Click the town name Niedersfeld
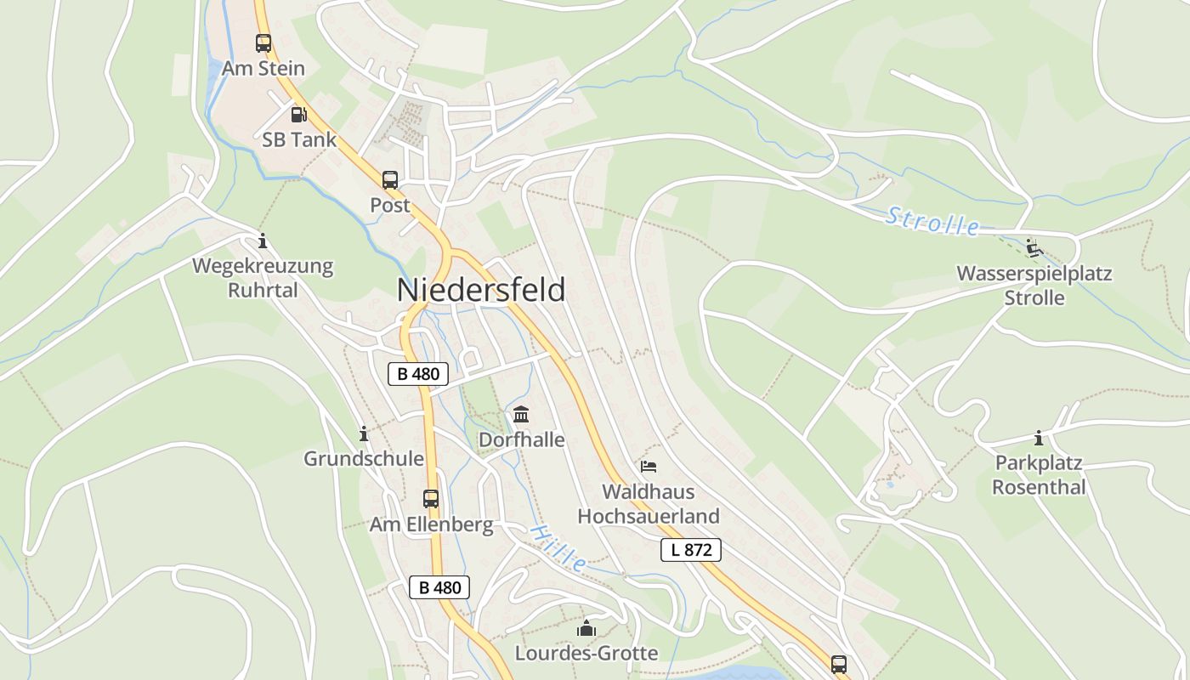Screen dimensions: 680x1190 (481, 290)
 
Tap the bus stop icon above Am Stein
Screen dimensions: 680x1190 (263, 42)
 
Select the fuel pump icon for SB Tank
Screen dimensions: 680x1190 (298, 114)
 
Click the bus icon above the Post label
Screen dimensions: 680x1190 (390, 179)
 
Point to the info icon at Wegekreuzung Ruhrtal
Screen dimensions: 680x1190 (263, 241)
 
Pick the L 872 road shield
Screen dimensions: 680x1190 (691, 550)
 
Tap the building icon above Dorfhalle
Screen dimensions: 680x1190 (521, 415)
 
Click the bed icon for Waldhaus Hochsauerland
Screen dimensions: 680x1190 (649, 467)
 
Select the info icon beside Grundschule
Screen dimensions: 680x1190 (364, 434)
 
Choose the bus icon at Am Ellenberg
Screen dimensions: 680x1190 (431, 499)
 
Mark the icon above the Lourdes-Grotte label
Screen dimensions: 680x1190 (586, 629)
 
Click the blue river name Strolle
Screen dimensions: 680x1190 (932, 221)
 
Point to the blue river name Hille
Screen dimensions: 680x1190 (558, 547)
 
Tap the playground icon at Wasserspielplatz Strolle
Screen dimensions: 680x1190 (1034, 248)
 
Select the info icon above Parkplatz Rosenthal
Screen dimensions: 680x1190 (1039, 439)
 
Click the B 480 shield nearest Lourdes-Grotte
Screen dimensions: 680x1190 (439, 587)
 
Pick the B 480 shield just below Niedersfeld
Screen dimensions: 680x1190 (418, 373)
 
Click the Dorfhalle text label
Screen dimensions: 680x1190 (522, 439)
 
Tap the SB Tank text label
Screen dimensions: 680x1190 (299, 140)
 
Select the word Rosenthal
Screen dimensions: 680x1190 (1039, 488)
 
